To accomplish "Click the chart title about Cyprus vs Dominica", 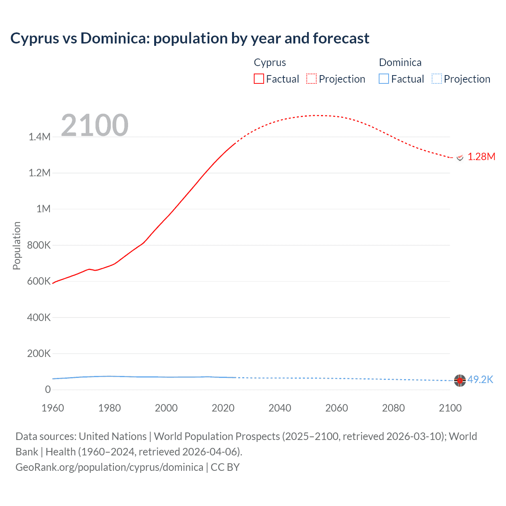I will coord(190,38).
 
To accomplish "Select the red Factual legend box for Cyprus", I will coord(259,79).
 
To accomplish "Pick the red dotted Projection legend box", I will coord(312,79).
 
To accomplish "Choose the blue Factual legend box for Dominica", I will coord(384,79).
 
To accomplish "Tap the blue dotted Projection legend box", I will coord(436,79).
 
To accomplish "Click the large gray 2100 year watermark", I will coord(94,125).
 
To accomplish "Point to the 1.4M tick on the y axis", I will coord(40,137).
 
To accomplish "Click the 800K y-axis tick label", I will coord(39,245).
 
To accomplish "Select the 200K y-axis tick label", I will coord(39,353).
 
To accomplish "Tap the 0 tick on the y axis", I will coord(48,389).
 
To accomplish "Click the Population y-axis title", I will coord(17,245).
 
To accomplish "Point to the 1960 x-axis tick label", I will coord(53,408).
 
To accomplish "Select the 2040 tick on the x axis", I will coord(280,408).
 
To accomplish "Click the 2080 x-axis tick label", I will coord(393,408).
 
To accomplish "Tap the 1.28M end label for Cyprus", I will coord(481,157).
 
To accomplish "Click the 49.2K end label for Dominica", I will coord(480,379).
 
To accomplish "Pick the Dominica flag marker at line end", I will coord(460,380).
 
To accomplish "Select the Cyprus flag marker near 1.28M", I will coord(460,157).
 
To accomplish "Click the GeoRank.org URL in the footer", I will coord(109,467).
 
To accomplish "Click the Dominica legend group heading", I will coord(400,62).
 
